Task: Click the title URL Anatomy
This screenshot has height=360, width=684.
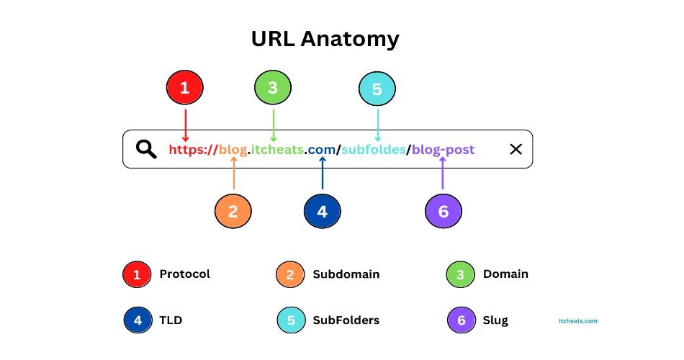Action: click(x=325, y=39)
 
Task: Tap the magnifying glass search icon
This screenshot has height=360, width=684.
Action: click(x=147, y=149)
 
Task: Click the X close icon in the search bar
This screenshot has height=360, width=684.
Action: click(x=516, y=149)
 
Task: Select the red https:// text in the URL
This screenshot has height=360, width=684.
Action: click(x=193, y=150)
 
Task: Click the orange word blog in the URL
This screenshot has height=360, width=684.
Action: click(x=233, y=150)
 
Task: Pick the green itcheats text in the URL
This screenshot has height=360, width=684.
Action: click(x=277, y=150)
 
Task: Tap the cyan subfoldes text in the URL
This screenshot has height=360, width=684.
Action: click(x=374, y=150)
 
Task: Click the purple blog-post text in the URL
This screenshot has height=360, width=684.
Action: click(x=444, y=150)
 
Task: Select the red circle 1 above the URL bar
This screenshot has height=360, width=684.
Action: click(x=184, y=89)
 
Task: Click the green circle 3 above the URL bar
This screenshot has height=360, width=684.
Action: click(x=273, y=89)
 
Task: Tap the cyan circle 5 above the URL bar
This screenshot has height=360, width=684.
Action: click(x=377, y=89)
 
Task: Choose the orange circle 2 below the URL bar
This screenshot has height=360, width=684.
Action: click(x=233, y=212)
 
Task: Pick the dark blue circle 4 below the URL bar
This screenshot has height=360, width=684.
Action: click(x=322, y=212)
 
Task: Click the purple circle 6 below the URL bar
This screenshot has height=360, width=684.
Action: click(x=443, y=212)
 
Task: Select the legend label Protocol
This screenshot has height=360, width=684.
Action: click(x=184, y=274)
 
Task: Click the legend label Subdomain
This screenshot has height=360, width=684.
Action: click(x=346, y=274)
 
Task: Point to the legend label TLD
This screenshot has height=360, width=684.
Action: click(x=170, y=320)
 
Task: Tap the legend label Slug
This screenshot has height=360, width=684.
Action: click(x=495, y=320)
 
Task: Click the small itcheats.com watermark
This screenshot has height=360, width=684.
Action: click(x=577, y=322)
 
